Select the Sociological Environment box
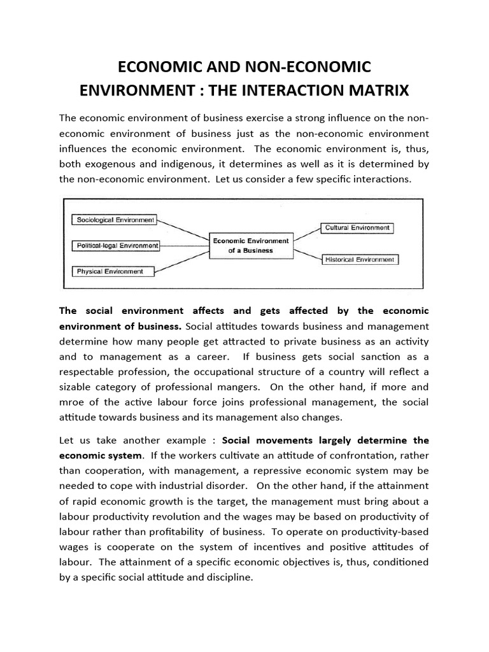click(x=115, y=220)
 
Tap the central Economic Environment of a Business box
click(x=250, y=246)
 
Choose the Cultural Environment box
click(x=357, y=227)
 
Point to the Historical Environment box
click(x=360, y=260)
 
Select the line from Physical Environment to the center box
click(x=185, y=262)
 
